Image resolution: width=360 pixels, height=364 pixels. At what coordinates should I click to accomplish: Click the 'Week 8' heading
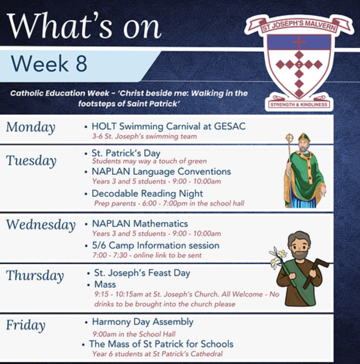tap(49, 63)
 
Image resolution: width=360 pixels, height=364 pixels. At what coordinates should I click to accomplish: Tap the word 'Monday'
tap(31, 127)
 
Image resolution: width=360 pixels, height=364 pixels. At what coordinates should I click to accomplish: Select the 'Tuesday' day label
tap(31, 161)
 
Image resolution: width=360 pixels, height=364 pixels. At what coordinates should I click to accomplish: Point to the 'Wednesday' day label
tap(41, 225)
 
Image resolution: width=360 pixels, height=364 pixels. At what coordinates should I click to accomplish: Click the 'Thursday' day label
tap(35, 276)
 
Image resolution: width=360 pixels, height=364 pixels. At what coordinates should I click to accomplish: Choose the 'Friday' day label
tap(26, 325)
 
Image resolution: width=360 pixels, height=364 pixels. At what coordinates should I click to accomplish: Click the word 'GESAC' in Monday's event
tap(229, 126)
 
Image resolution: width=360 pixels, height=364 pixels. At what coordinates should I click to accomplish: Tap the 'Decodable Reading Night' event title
tap(147, 194)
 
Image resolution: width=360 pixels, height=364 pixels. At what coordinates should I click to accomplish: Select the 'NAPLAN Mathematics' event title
tap(140, 224)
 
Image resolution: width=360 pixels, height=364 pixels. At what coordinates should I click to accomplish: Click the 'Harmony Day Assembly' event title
tap(143, 322)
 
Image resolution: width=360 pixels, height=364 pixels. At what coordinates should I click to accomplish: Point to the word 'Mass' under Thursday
tap(105, 285)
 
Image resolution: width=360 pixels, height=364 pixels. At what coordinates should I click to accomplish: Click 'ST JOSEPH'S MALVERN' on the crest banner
tap(299, 26)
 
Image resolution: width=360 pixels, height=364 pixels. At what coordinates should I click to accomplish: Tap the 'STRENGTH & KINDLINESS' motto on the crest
tap(299, 105)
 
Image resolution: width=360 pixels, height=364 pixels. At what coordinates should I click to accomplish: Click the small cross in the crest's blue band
tap(299, 42)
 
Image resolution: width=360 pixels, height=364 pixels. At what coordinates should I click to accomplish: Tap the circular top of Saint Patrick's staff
tap(289, 138)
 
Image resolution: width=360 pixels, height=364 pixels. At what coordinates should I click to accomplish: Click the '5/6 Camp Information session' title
tap(156, 246)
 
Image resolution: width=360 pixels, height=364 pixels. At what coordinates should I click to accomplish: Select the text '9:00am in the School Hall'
tap(134, 334)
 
